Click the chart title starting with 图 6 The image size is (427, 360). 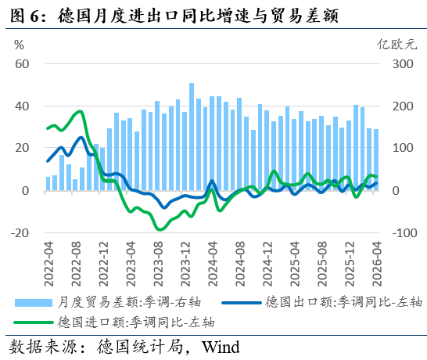(x=174, y=16)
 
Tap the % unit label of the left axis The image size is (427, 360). (x=19, y=45)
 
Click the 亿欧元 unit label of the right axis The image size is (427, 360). (x=396, y=45)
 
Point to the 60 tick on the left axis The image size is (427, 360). (x=22, y=64)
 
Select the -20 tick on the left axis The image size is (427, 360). (x=20, y=233)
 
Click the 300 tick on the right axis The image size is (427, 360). (x=403, y=64)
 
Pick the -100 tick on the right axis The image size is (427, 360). (x=404, y=233)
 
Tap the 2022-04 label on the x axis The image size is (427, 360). (x=48, y=264)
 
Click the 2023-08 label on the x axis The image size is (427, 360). (x=158, y=264)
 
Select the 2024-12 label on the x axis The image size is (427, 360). (x=267, y=264)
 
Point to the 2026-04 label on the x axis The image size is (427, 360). (x=377, y=264)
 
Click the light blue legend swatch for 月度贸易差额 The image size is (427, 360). (x=34, y=303)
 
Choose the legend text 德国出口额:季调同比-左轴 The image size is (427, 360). (x=344, y=302)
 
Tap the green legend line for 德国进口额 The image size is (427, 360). (x=34, y=322)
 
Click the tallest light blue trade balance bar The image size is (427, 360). (x=192, y=136)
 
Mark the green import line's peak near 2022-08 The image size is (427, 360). (x=80, y=111)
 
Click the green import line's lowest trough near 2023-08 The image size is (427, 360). (x=160, y=229)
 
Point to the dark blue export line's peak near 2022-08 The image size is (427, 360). (x=81, y=138)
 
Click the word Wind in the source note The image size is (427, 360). (x=221, y=347)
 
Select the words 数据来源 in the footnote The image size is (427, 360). (x=43, y=347)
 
